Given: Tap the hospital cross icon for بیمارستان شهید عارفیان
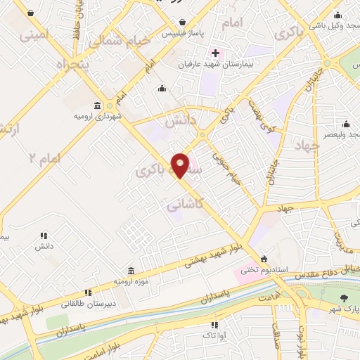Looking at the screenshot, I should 215,54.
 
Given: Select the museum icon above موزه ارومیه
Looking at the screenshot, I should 131,271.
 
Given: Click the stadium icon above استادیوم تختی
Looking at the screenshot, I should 264,258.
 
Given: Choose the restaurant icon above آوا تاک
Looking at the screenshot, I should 214,324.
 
